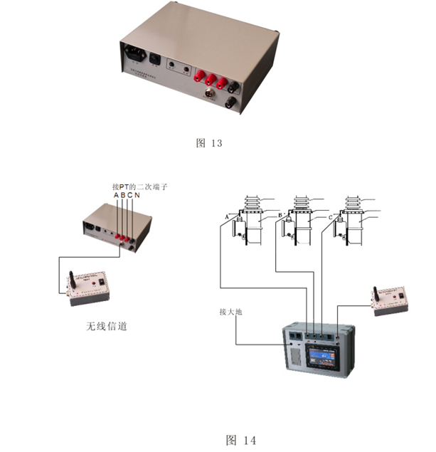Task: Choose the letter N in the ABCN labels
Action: (136, 195)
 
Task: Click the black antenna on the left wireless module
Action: (73, 280)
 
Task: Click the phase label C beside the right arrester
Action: (331, 216)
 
